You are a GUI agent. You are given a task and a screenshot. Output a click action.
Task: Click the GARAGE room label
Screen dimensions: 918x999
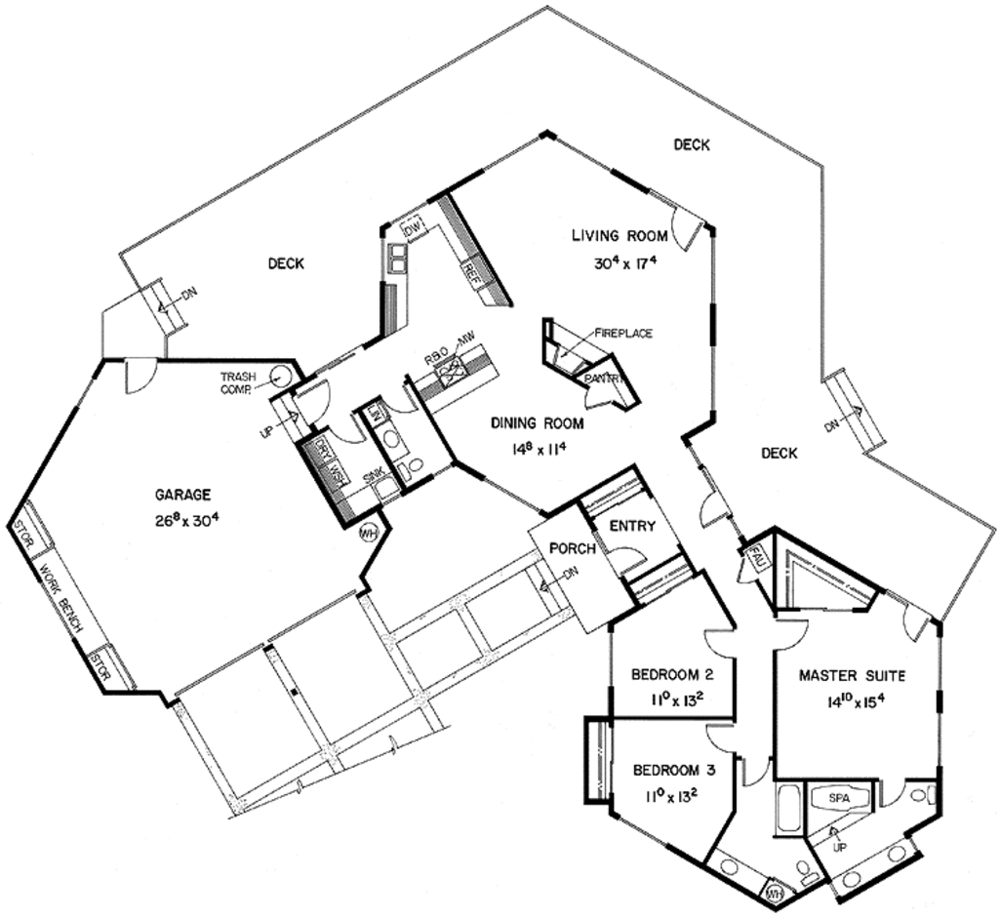coord(182,495)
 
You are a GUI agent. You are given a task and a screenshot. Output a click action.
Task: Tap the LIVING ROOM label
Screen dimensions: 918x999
coord(619,235)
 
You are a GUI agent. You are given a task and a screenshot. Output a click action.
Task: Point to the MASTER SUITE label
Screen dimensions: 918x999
coord(852,675)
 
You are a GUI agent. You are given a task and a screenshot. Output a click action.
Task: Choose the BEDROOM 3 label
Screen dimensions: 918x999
coord(674,770)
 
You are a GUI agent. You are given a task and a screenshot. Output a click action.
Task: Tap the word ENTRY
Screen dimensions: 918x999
coord(631,527)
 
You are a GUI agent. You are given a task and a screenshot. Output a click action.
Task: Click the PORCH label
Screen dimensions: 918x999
coord(572,548)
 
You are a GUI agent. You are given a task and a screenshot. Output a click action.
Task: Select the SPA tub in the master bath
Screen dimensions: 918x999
coord(839,798)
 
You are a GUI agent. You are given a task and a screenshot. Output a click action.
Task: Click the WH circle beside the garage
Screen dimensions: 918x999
coord(368,533)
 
